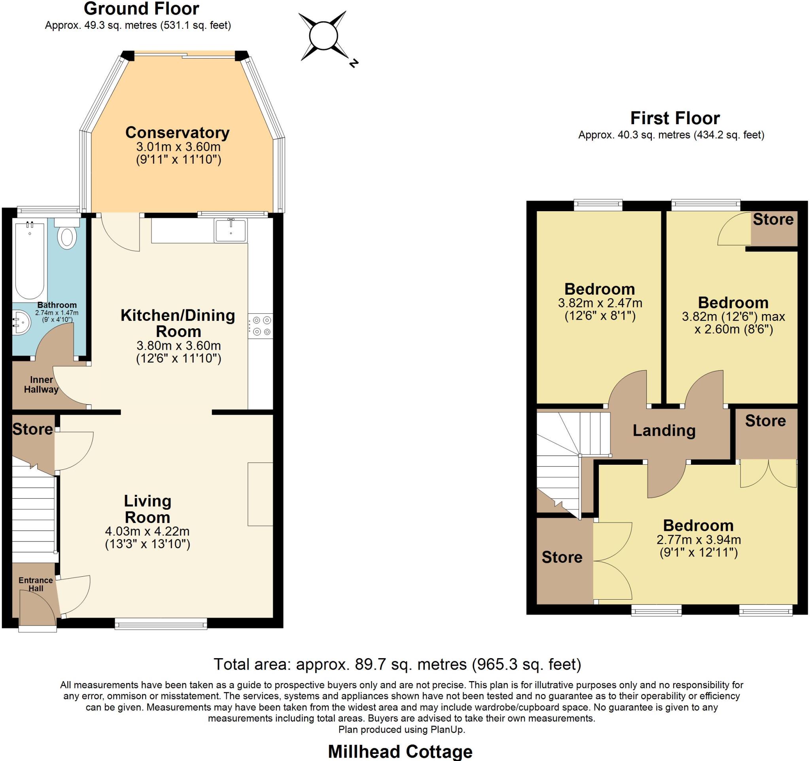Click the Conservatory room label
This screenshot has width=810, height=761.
click(177, 133)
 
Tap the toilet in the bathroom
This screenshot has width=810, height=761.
click(67, 237)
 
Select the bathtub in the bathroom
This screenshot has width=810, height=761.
click(30, 260)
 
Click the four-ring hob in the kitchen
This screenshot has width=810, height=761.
click(261, 326)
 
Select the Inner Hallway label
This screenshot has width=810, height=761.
click(41, 384)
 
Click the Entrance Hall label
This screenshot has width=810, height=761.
click(36, 584)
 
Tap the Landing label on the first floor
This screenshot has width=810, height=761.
click(664, 431)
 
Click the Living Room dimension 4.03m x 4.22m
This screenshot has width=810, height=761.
click(147, 532)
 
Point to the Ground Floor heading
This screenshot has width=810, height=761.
click(141, 9)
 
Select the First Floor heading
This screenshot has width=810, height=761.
click(675, 118)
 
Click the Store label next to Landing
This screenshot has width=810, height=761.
click(765, 421)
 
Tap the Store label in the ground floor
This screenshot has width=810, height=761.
click(32, 429)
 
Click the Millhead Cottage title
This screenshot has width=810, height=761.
click(400, 751)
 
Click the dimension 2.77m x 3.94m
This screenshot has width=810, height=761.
click(698, 540)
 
